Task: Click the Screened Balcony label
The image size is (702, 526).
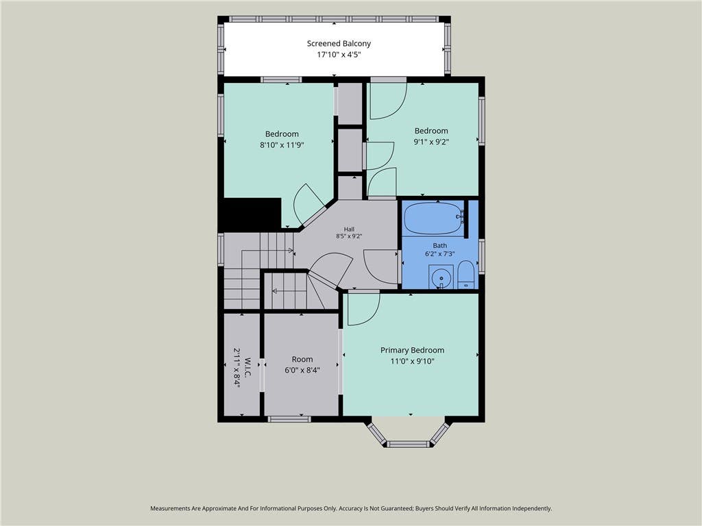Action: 339,43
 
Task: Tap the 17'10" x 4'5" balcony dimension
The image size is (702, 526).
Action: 339,55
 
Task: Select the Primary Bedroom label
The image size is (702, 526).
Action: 412,350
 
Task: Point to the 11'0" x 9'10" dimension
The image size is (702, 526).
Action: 412,362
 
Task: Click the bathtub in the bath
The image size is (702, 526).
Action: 433,218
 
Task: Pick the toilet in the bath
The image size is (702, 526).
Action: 465,275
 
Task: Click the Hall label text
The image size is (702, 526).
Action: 349,229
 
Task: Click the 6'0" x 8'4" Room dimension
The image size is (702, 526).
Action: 302,371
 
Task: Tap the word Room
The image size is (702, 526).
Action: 302,359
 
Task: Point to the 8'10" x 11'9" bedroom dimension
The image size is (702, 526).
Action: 282,145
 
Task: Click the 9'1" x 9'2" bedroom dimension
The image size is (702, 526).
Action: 431,142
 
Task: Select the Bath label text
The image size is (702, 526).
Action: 439,246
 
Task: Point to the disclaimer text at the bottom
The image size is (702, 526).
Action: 351,509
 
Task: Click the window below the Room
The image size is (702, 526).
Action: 289,419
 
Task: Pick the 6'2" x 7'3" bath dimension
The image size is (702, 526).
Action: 439,254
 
